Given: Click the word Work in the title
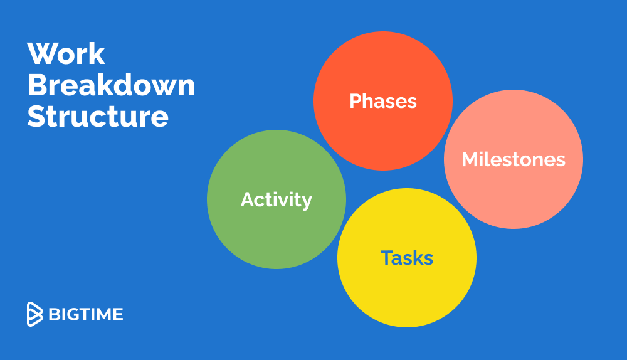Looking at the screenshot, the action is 66,53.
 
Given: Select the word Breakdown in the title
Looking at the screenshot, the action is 111,85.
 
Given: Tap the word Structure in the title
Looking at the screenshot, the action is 98,117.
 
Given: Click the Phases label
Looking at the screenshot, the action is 383,101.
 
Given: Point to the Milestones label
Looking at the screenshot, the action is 514,159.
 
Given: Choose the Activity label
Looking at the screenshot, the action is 277,200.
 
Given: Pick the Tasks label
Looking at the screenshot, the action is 407,258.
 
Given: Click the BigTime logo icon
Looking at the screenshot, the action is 34,314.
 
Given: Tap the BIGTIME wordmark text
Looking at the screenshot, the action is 85,314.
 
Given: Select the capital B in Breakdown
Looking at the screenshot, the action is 38,85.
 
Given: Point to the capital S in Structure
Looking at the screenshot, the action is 36,117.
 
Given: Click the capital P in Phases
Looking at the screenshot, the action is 356,101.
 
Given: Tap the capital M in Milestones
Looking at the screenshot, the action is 470,159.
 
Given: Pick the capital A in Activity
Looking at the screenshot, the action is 248,199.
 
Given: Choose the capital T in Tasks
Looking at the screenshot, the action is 387,258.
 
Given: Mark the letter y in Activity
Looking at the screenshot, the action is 307,203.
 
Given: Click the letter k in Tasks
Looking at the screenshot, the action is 418,258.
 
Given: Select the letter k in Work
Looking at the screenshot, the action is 97,53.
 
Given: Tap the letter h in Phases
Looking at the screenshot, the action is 369,101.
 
